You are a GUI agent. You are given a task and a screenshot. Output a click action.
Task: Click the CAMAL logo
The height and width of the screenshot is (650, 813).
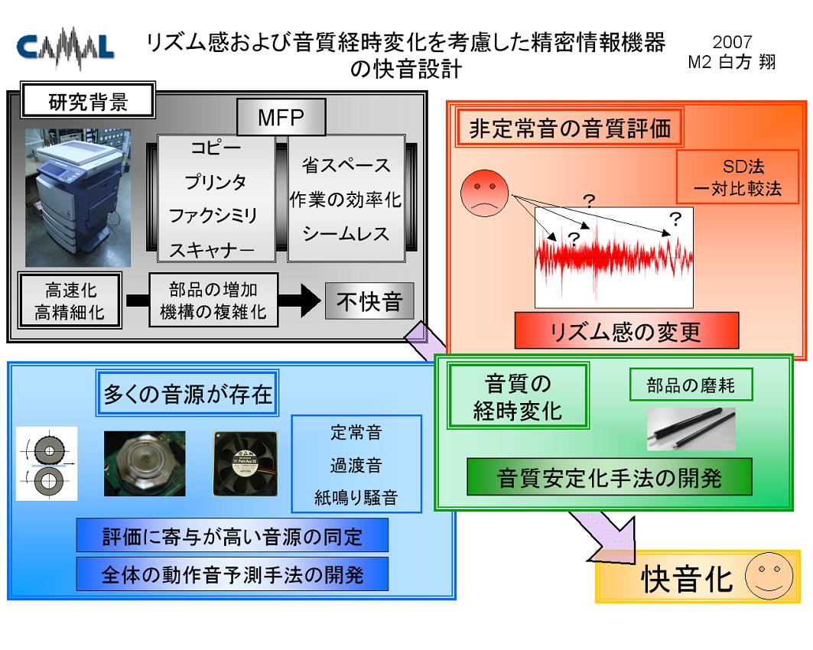point(65,47)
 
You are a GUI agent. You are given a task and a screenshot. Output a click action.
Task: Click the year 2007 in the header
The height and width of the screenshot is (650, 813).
point(732,42)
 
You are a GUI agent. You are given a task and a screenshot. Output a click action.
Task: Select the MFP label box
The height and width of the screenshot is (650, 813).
point(281,118)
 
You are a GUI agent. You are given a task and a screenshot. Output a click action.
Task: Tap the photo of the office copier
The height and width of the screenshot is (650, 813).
point(78,197)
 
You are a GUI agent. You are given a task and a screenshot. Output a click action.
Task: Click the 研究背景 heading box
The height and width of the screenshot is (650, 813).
point(88,100)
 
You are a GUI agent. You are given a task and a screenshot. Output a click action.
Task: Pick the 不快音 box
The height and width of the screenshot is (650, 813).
point(369,301)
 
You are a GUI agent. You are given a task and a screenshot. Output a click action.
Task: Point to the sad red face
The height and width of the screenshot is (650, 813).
point(484,193)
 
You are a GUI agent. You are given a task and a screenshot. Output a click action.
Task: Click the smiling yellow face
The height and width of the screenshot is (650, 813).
point(769,576)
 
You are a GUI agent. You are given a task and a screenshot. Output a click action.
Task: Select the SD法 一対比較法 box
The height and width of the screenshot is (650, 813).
point(737,177)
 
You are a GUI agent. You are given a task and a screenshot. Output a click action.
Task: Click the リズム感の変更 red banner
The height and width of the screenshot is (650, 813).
point(626,330)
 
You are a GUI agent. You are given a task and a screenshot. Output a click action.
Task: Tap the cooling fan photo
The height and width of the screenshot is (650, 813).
point(246,464)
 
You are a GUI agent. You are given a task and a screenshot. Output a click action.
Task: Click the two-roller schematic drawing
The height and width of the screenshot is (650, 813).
point(47,463)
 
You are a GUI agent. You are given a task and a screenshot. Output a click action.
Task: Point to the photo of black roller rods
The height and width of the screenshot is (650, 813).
point(691,429)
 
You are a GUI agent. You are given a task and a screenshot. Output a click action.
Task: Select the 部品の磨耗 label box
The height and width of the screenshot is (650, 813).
point(691,385)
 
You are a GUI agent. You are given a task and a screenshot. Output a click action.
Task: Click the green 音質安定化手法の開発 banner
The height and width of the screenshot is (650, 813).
point(610,477)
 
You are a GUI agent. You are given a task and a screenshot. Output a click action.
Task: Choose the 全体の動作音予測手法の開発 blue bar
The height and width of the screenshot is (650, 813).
point(233,574)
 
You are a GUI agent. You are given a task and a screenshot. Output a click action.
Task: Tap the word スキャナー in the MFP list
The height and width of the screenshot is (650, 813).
point(212,250)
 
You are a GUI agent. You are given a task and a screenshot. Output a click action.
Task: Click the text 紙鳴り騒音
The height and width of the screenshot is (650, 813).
point(356,498)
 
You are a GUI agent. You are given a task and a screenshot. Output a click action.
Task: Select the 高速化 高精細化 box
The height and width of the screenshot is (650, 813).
point(70,301)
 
